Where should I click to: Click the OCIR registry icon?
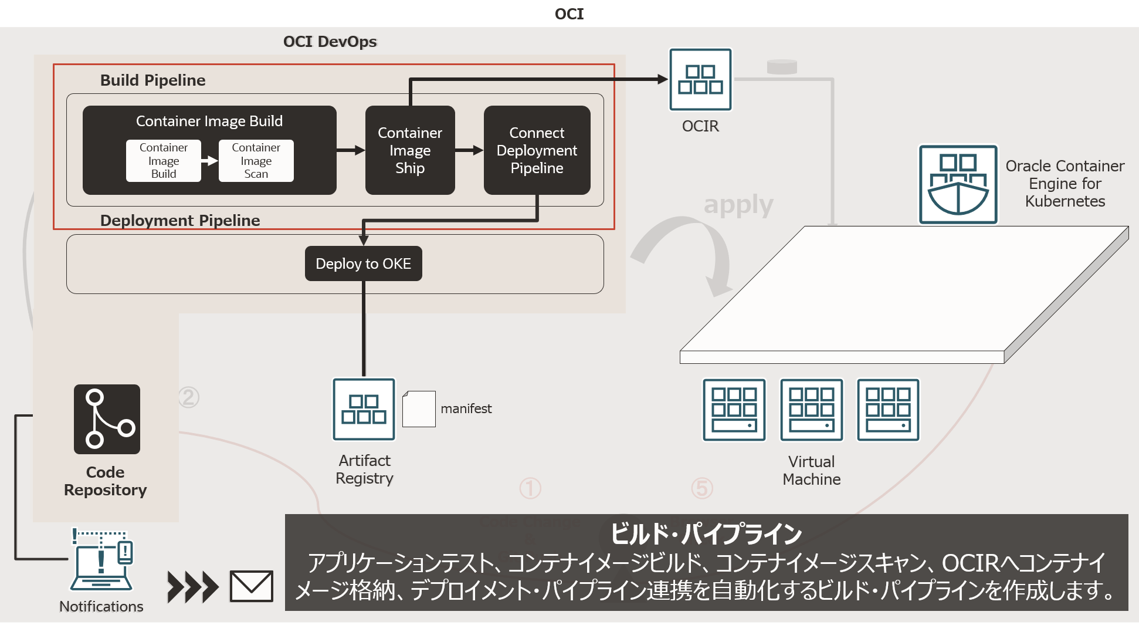click(700, 79)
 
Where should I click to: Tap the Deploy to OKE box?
click(363, 263)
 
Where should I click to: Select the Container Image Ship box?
click(410, 150)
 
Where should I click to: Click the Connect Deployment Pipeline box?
click(537, 150)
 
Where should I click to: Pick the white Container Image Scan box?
click(256, 160)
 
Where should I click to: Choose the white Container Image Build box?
click(164, 160)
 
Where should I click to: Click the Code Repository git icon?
click(107, 419)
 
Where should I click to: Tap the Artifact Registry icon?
click(364, 409)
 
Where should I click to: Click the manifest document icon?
click(419, 409)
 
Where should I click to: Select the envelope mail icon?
click(251, 586)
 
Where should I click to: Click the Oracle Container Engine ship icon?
click(958, 184)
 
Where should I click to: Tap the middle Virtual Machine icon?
click(811, 410)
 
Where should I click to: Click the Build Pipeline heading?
click(152, 80)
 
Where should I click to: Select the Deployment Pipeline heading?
click(179, 221)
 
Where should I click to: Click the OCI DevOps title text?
click(330, 42)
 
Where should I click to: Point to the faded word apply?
click(738, 205)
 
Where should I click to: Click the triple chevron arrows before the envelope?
click(192, 587)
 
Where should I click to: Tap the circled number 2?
click(188, 397)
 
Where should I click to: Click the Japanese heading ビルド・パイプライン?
click(706, 534)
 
